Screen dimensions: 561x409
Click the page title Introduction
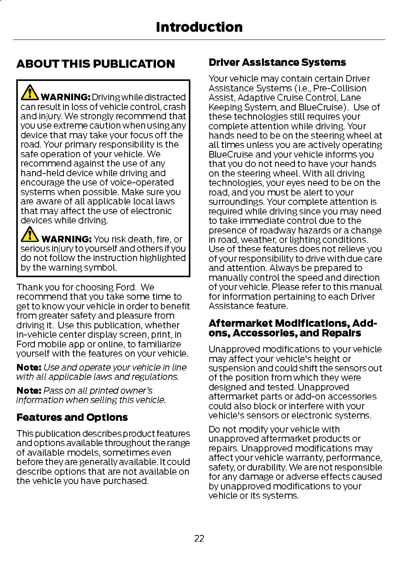coord(199,27)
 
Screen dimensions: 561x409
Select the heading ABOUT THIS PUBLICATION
coord(96,64)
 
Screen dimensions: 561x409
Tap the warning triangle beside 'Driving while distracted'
coord(29,92)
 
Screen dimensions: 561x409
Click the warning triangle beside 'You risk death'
coord(29,234)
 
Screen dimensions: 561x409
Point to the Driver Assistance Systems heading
coord(277,62)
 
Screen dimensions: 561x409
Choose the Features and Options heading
coord(72,417)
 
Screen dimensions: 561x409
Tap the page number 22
coord(199,539)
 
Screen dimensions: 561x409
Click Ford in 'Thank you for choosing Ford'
coord(126,287)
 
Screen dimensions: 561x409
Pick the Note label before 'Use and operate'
coord(29,367)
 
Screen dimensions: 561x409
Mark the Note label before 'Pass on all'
coord(29,391)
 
